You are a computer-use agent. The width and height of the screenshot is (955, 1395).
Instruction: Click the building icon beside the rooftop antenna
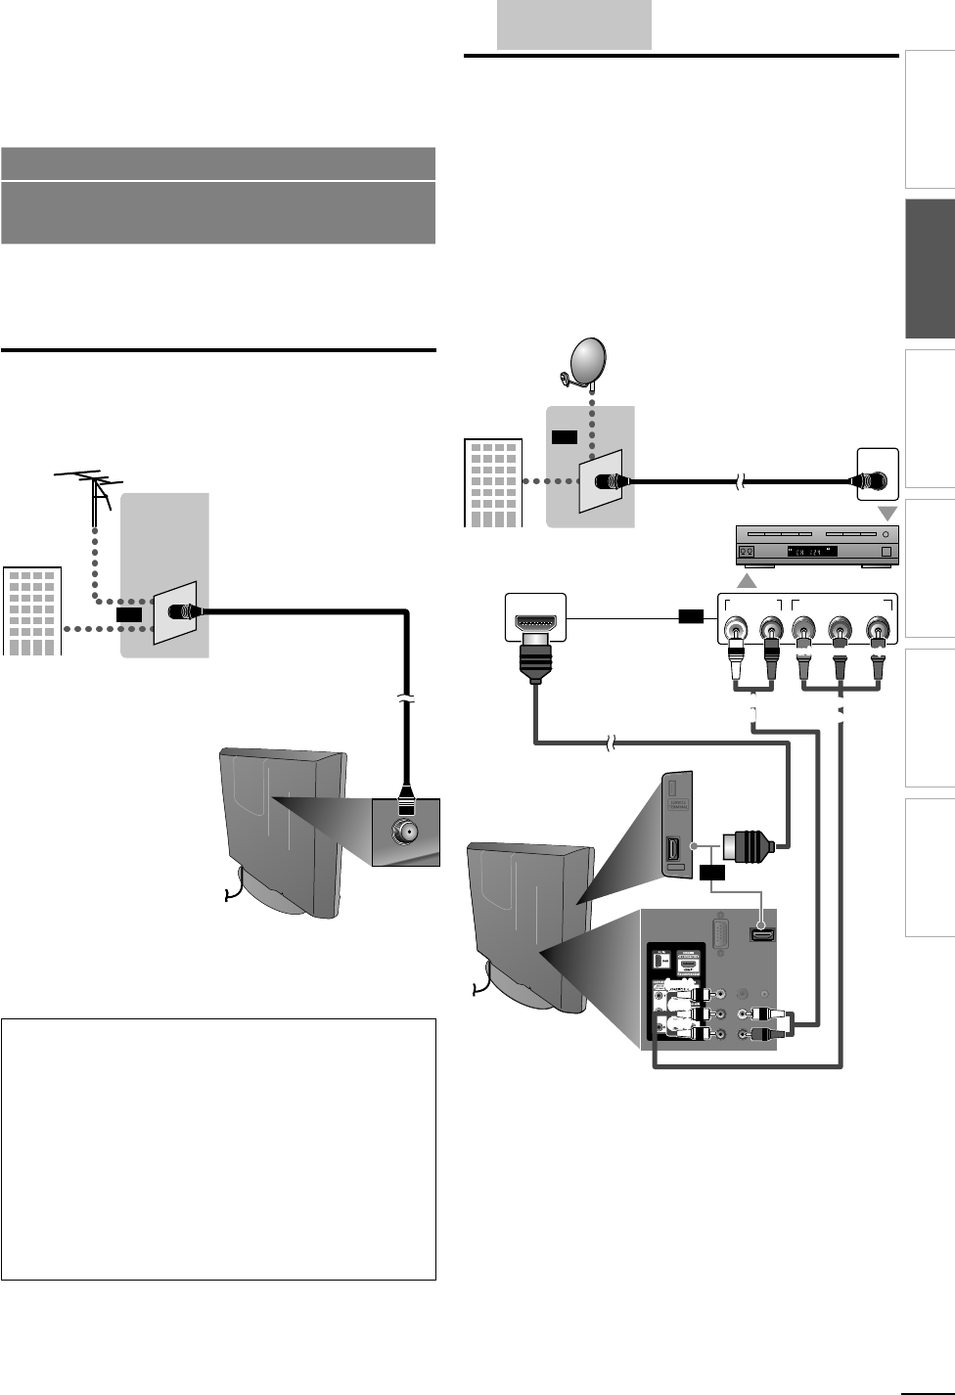[32, 610]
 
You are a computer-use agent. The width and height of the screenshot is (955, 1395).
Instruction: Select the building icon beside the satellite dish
[492, 483]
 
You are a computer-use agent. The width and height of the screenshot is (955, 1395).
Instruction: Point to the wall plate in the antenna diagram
[174, 612]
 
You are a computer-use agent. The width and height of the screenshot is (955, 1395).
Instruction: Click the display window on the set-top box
[802, 552]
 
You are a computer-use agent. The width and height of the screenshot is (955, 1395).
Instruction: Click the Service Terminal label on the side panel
[675, 807]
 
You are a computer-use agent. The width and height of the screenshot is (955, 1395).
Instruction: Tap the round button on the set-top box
[886, 534]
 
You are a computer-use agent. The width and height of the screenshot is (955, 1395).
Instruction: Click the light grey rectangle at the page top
[574, 24]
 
